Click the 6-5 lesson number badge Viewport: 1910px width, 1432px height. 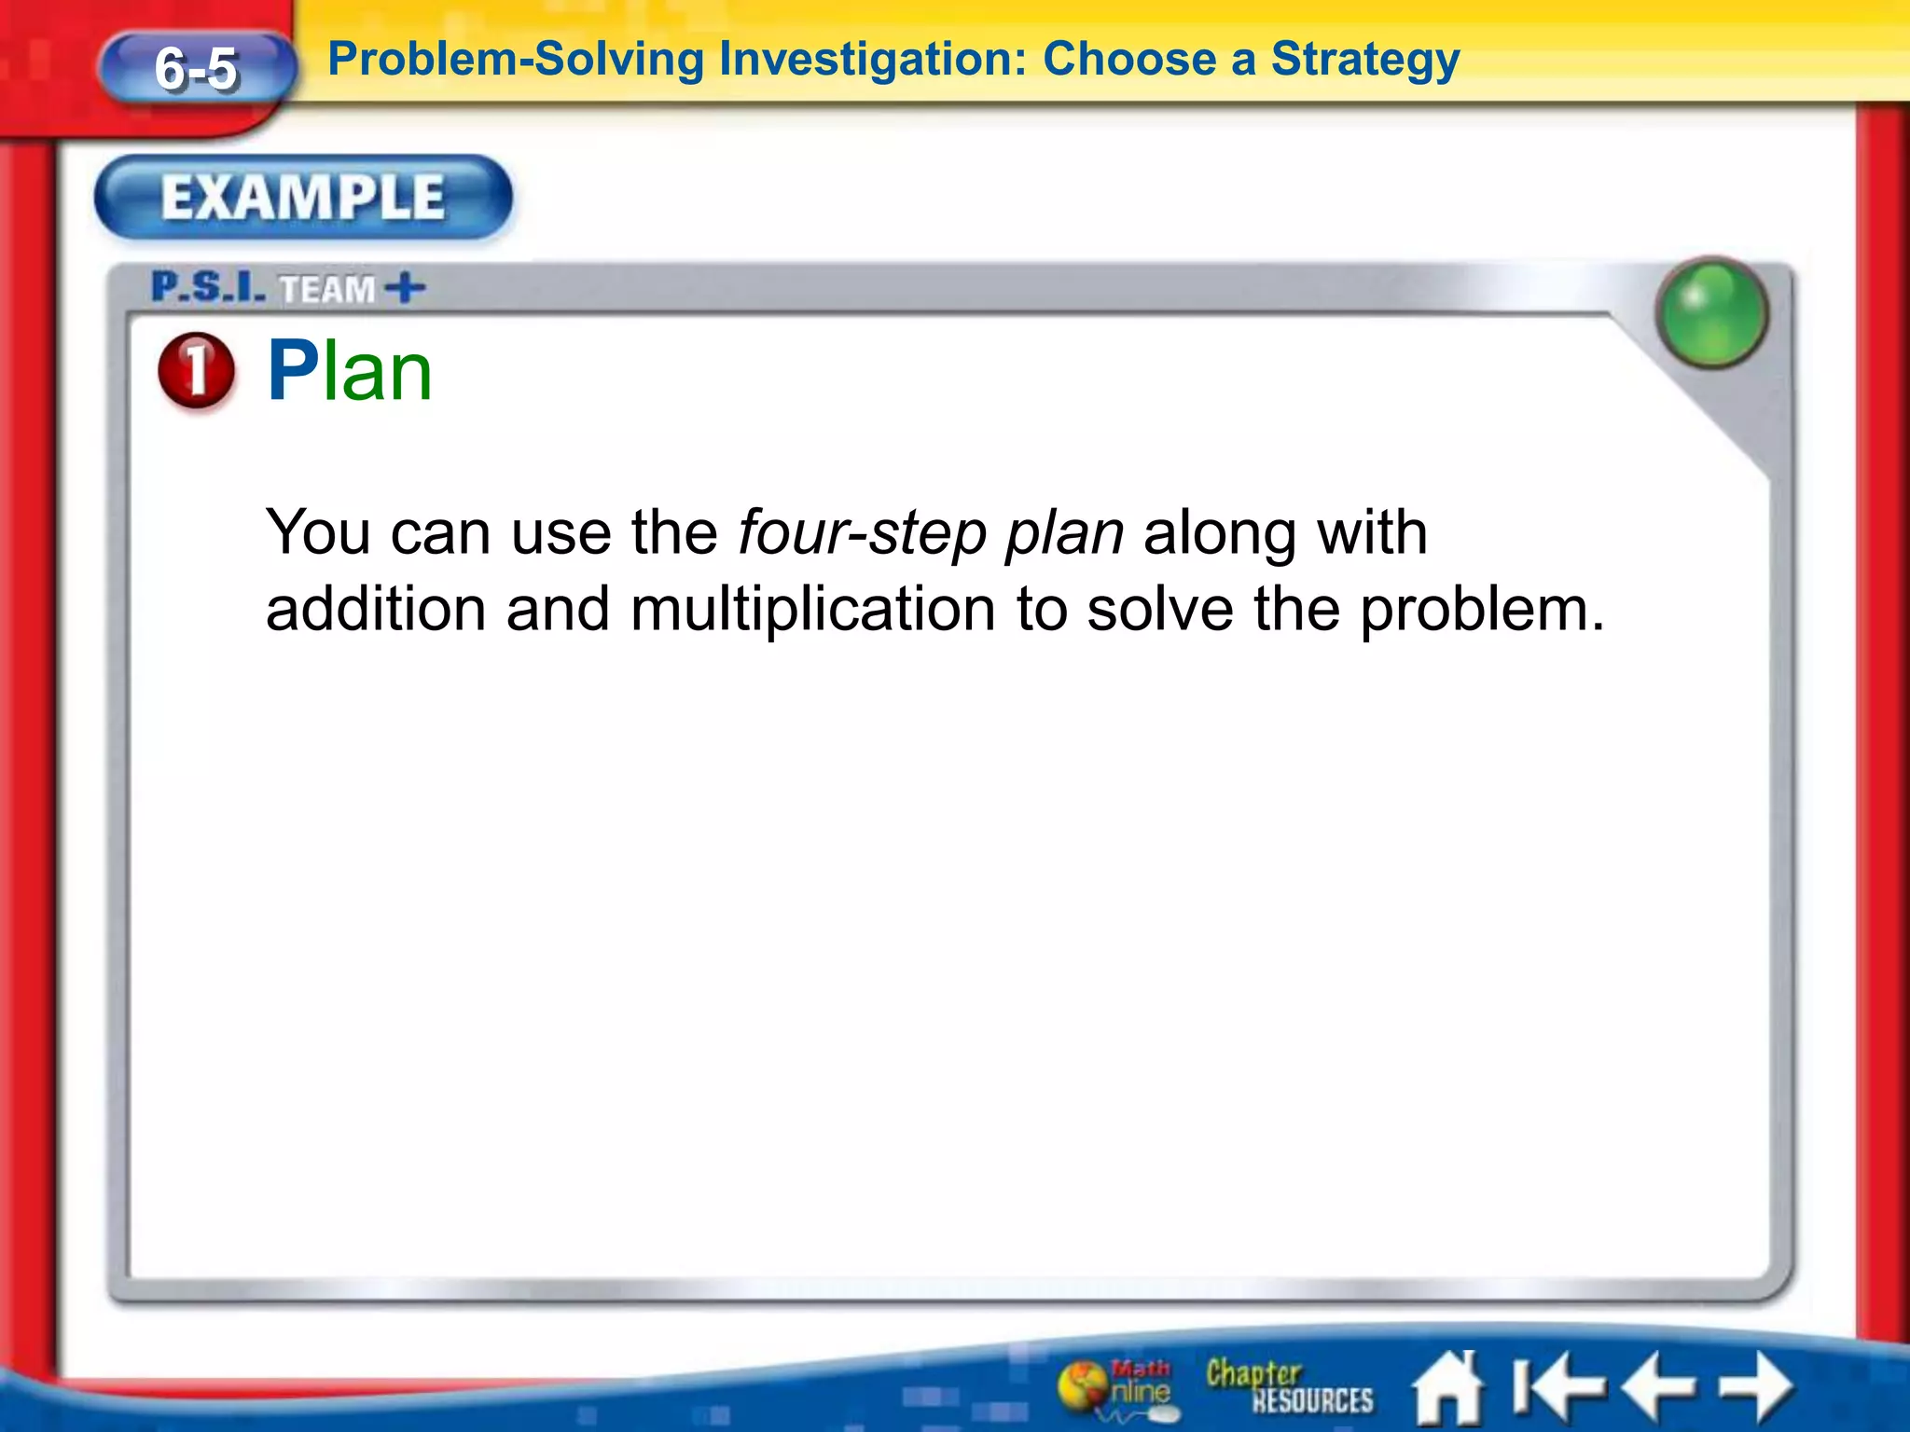pos(197,68)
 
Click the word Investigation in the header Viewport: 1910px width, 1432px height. pos(866,61)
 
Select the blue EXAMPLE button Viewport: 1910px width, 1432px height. pos(303,198)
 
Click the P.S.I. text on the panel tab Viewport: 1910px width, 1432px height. pos(208,287)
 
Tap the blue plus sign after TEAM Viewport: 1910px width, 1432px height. pos(405,288)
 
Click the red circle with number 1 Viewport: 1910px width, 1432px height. pos(196,370)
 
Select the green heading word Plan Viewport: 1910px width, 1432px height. pos(350,371)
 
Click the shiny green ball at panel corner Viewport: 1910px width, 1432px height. pos(1711,312)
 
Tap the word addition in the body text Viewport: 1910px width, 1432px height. pos(375,610)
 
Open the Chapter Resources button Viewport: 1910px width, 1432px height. pos(1289,1386)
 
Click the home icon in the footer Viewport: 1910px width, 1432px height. pos(1446,1387)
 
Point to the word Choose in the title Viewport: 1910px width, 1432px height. pos(1128,61)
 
